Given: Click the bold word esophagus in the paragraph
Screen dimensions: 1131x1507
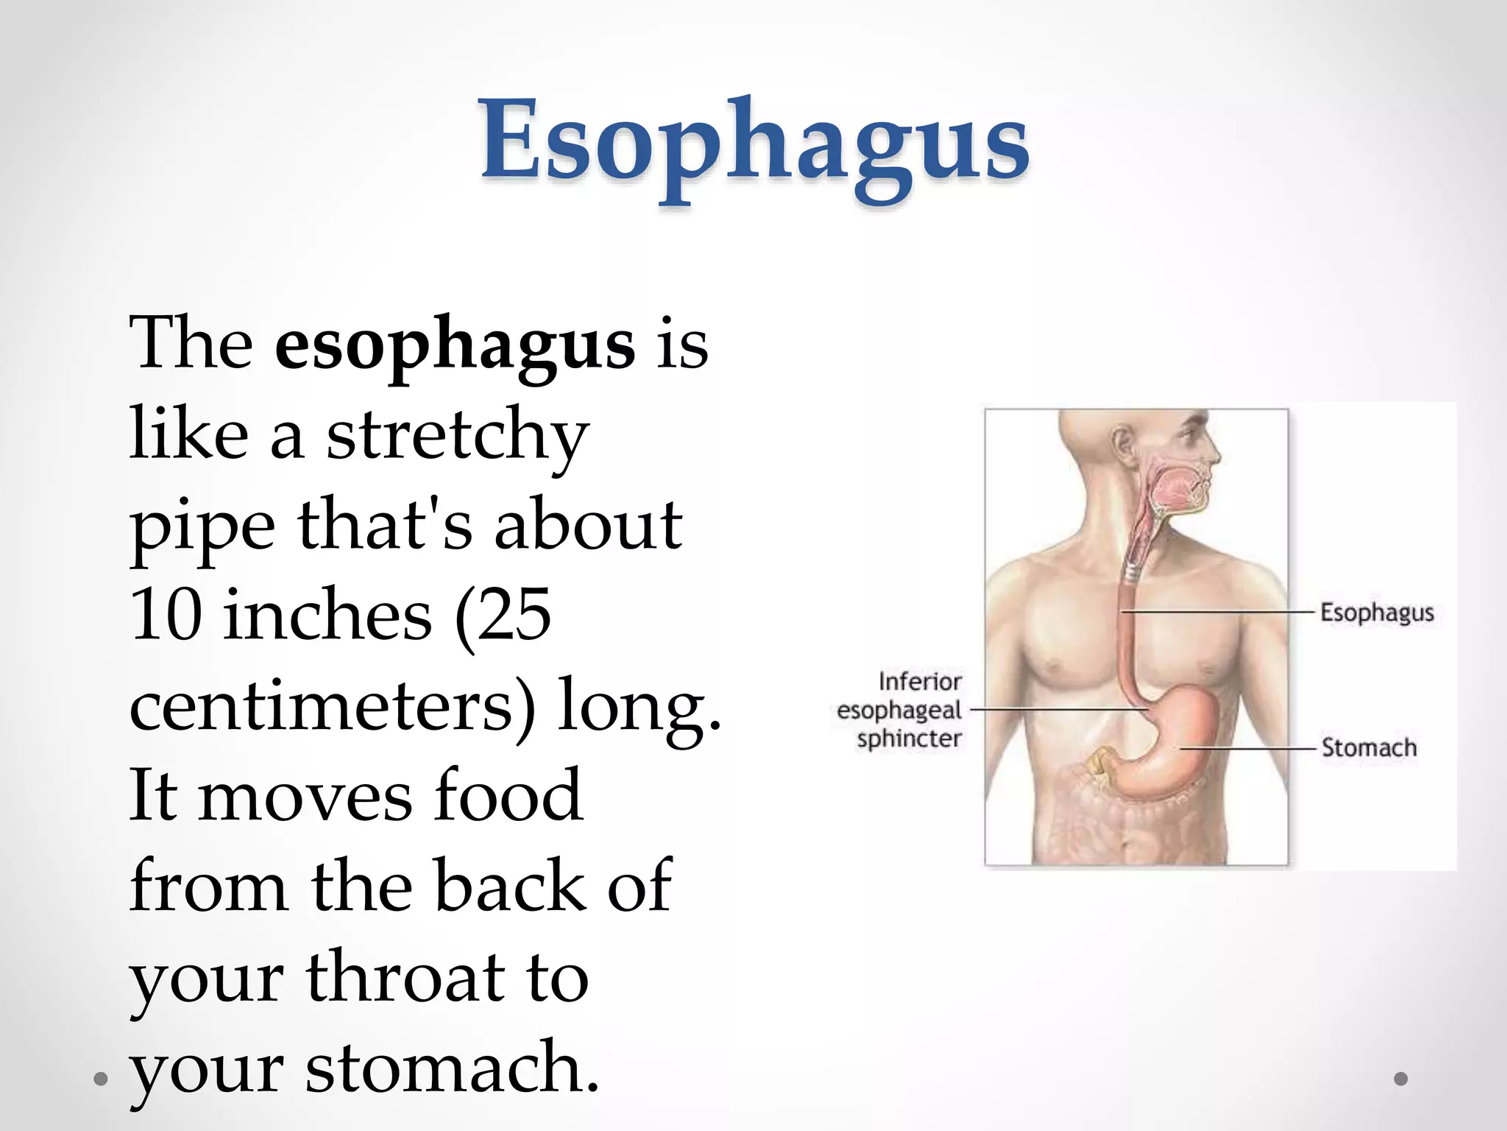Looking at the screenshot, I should [454, 345].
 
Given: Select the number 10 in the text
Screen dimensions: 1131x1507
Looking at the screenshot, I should [166, 616].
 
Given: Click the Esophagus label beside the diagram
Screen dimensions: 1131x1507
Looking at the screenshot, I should [1377, 613].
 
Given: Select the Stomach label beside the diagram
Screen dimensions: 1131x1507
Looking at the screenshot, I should [1369, 747].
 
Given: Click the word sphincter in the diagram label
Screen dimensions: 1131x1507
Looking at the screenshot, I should [909, 739].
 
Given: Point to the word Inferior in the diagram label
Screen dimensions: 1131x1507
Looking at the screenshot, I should [920, 682].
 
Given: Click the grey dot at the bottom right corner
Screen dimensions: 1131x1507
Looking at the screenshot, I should [1401, 1078].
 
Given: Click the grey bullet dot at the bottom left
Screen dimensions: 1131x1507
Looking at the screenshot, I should [102, 1079].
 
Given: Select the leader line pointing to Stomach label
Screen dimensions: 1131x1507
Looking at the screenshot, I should [1251, 748].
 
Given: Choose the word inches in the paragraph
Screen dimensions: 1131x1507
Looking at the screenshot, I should [327, 616].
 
